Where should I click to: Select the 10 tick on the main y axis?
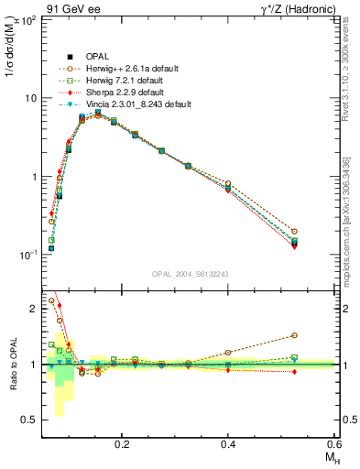(29, 98)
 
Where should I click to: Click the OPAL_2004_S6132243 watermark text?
(190, 274)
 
